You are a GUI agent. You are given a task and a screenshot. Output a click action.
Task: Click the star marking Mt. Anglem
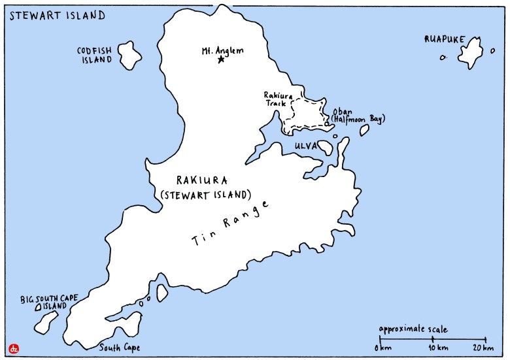click(221, 59)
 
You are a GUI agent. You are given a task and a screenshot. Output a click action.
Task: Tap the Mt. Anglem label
click(222, 48)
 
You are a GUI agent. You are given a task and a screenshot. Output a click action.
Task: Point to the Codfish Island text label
click(96, 54)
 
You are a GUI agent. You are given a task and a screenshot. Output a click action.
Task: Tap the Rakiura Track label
click(275, 99)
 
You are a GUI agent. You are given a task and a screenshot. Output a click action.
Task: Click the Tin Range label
click(230, 223)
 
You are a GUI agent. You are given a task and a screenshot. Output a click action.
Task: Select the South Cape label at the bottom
click(119, 348)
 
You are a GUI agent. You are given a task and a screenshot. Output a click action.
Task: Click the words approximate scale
click(413, 329)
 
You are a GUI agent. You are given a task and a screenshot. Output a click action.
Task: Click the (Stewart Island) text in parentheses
click(205, 193)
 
